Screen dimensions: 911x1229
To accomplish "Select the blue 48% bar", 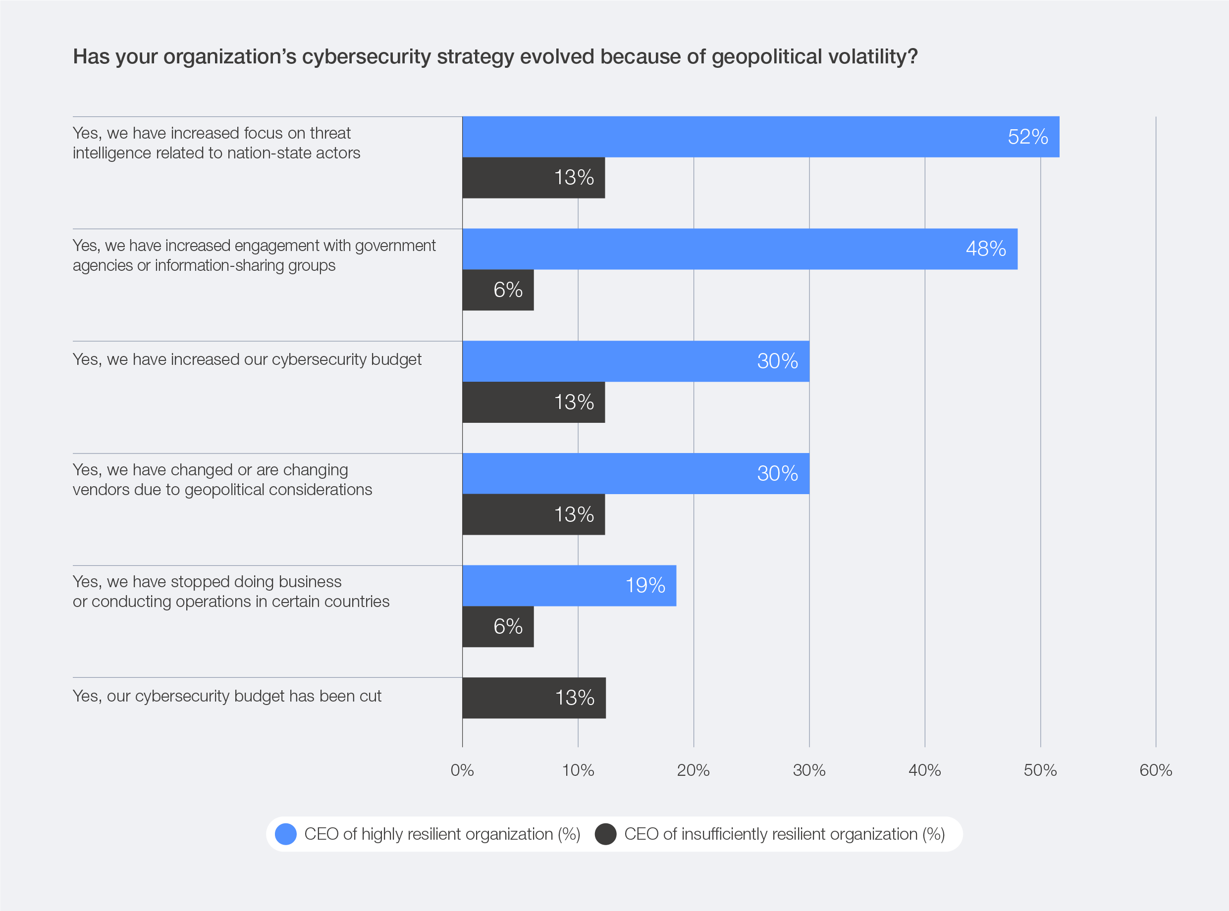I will (x=739, y=249).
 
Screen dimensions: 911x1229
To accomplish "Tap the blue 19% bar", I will (x=569, y=586).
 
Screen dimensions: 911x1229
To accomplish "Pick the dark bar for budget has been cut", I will (x=534, y=698).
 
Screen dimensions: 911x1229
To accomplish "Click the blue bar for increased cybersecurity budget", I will (x=636, y=361).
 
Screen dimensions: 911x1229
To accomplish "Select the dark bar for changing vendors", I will (x=534, y=514).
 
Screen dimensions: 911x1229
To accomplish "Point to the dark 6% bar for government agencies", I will (x=497, y=290).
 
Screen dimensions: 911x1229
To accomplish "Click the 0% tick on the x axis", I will (x=462, y=770).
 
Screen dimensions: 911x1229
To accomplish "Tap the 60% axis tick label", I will (x=1156, y=770).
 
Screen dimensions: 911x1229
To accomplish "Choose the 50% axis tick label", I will (x=1040, y=770).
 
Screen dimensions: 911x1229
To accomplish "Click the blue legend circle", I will (x=286, y=834).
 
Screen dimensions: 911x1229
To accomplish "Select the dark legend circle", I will (x=605, y=834).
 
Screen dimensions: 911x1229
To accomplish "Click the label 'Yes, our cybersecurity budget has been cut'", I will (x=227, y=697).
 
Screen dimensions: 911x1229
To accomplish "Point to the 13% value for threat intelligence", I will (x=574, y=178).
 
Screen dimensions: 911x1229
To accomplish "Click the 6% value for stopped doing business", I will (x=507, y=627).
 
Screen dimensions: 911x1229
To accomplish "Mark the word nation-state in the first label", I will (x=269, y=153).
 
